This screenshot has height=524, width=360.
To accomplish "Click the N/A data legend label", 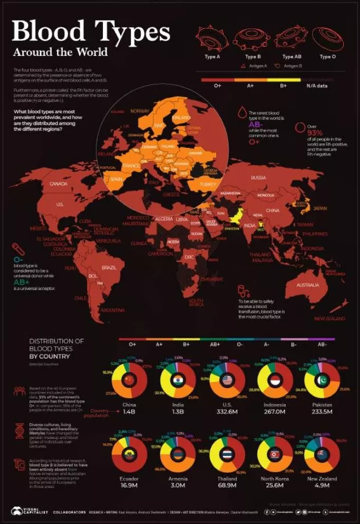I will click(x=317, y=86).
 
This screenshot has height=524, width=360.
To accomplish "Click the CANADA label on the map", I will click(x=58, y=184).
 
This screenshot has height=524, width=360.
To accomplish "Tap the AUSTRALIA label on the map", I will click(x=307, y=285).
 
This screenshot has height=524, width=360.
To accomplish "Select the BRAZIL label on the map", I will click(x=109, y=268).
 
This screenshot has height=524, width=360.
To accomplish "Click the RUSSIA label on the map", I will click(x=258, y=177).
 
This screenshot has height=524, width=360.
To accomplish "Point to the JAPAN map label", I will click(x=320, y=209).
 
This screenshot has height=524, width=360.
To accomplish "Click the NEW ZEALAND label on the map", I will click(x=330, y=319).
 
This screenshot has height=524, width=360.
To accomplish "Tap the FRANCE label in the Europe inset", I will click(x=131, y=165).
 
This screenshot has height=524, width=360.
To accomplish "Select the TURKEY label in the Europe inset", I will click(x=208, y=184).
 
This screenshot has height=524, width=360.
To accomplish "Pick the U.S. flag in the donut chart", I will click(x=228, y=380).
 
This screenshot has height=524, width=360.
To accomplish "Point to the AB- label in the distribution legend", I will click(x=321, y=344).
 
